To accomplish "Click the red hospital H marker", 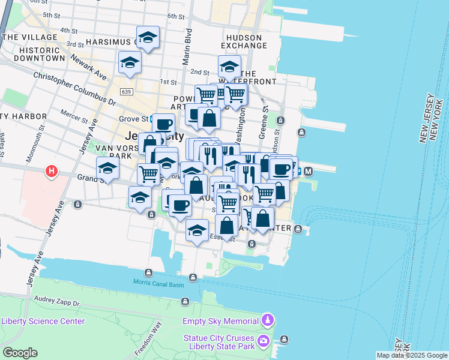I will [x=52, y=172].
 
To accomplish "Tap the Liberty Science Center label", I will [x=43, y=321].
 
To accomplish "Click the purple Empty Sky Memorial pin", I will [x=268, y=320].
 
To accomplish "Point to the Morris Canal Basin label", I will [x=158, y=284].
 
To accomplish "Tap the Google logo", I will [x=20, y=353].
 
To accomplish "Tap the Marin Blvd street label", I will [x=187, y=46].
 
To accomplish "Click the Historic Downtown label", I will [x=33, y=54].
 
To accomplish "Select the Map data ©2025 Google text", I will [x=411, y=355].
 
